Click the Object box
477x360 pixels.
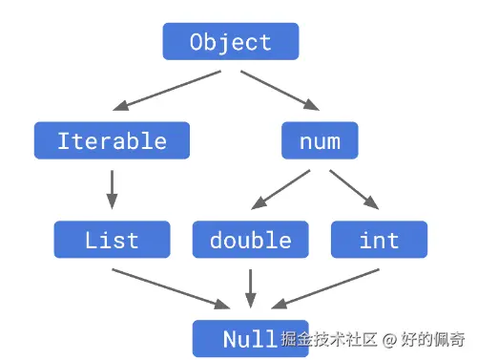(x=230, y=42)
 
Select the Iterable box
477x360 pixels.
(x=112, y=141)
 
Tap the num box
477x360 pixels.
(x=320, y=141)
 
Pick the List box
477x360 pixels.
(x=112, y=240)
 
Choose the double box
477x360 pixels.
(x=251, y=240)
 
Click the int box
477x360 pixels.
(x=379, y=240)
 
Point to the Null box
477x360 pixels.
(x=250, y=339)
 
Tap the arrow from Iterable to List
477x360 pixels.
(x=112, y=189)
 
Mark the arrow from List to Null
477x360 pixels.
(x=172, y=289)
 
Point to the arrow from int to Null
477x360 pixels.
(x=329, y=289)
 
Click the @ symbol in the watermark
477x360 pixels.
(x=390, y=339)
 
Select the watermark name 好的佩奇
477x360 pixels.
(x=433, y=339)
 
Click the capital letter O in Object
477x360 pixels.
(x=197, y=42)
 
